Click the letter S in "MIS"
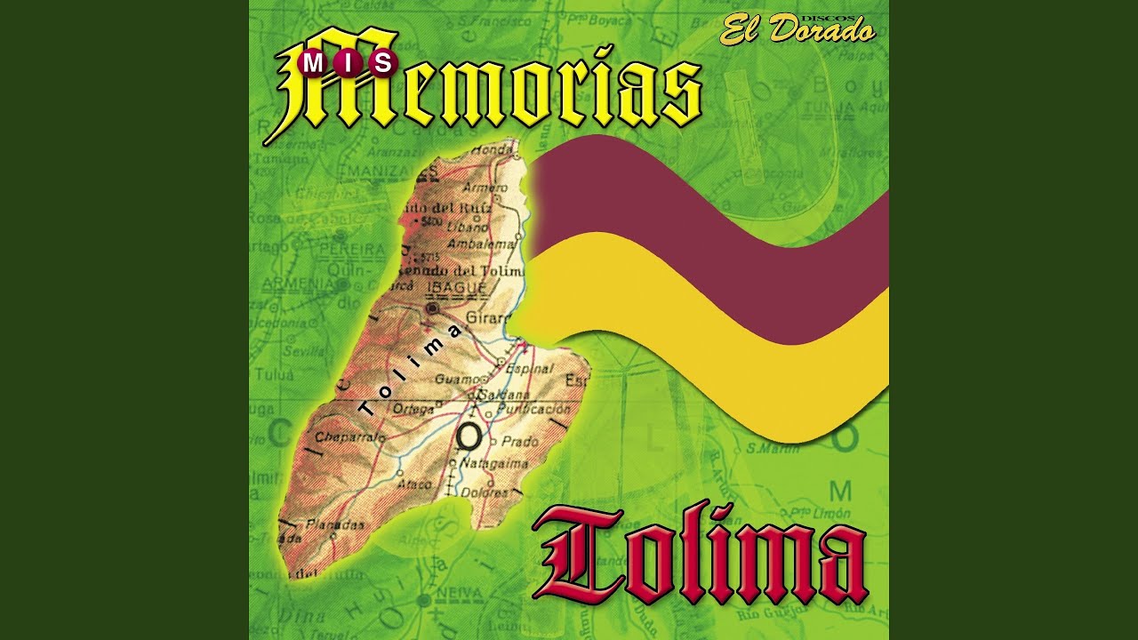click(385, 62)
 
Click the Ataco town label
click(414, 484)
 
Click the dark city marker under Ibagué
click(433, 308)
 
